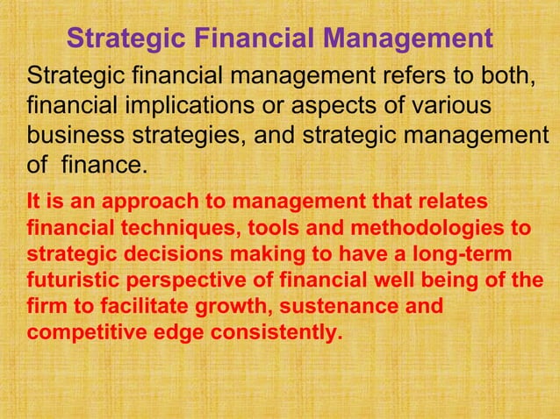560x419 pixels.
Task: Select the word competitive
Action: pyautogui.click(x=80, y=334)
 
